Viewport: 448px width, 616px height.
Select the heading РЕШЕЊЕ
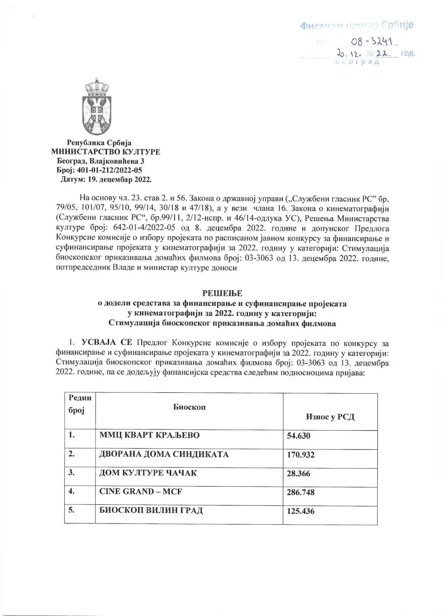222,293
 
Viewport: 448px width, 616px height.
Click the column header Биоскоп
189,407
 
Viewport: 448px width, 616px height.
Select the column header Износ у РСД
330,416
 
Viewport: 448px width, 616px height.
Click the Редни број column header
80,404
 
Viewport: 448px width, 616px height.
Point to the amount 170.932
301,455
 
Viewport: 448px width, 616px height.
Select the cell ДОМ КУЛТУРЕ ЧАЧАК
148,473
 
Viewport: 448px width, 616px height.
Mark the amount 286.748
301,493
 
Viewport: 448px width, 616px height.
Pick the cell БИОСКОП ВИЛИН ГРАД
151,511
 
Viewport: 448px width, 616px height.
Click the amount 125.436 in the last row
301,512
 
